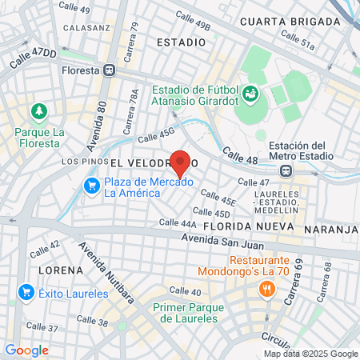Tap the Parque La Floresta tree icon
36,110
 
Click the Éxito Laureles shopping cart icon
25,293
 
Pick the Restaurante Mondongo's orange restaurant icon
262,293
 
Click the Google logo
26,350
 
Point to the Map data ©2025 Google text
311,354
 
